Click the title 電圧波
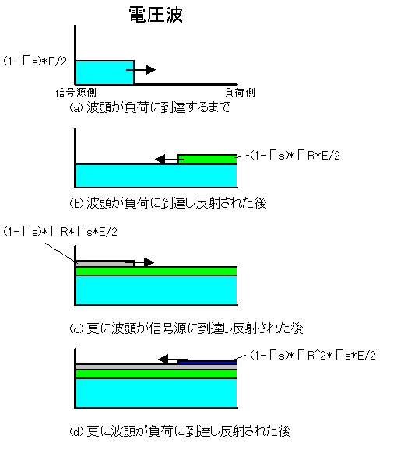[156, 15]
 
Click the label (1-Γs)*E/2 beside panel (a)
[35, 61]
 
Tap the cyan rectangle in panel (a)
[105, 72]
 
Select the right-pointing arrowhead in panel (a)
[150, 69]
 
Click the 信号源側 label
[76, 92]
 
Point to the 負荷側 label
[240, 92]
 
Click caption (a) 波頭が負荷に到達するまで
[150, 107]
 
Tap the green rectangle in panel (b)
[208, 160]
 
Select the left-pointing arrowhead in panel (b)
[160, 160]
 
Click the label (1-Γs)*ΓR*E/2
[295, 156]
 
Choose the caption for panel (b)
[168, 203]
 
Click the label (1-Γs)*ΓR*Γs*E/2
[61, 231]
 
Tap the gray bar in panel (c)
[104, 264]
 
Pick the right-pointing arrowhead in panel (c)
[149, 262]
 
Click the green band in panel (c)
[156, 271]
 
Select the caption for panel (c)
[186, 328]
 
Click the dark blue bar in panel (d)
[208, 362]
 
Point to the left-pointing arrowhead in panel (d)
[163, 360]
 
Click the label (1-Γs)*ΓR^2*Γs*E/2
[313, 355]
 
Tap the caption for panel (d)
[180, 431]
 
